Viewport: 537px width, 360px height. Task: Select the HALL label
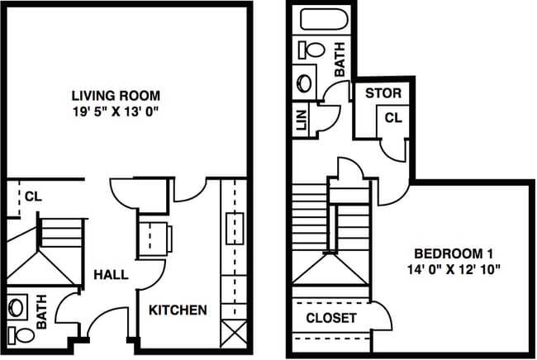point(110,274)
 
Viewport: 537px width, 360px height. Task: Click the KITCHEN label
point(178,310)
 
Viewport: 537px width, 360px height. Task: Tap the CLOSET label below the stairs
point(331,317)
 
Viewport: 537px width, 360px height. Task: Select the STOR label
point(383,92)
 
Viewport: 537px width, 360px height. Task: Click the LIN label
point(302,124)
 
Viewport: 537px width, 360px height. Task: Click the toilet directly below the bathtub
point(312,50)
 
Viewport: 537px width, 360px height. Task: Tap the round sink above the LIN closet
point(305,83)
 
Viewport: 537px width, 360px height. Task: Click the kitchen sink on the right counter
point(232,224)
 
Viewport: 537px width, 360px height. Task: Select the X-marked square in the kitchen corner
point(233,335)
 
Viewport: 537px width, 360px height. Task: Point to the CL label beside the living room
point(32,196)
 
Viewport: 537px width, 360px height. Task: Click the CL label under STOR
point(392,118)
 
